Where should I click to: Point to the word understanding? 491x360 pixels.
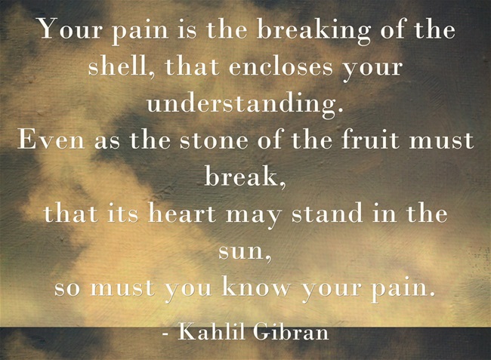(x=246, y=103)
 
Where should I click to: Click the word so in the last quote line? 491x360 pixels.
(x=66, y=288)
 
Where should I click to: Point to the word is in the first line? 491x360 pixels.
(x=184, y=31)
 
